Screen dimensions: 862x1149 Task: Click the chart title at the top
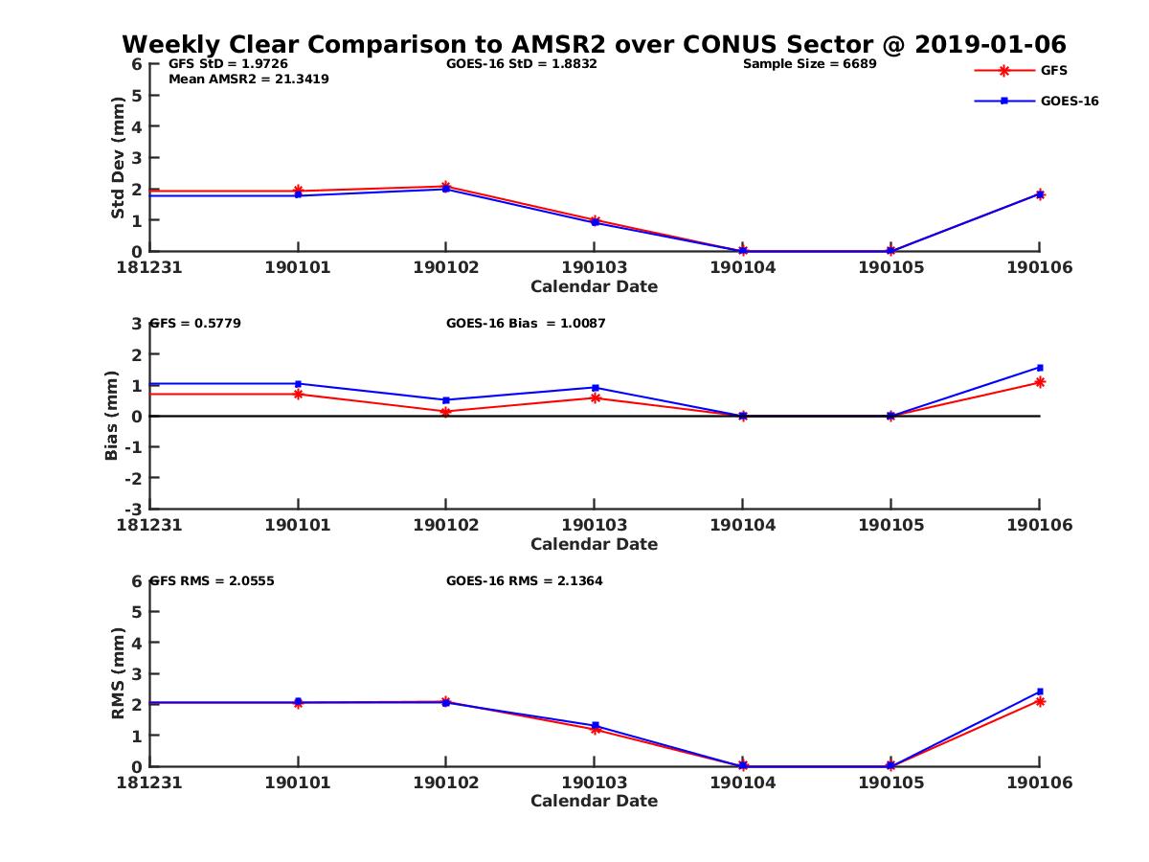(594, 44)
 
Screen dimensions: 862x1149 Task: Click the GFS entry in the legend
(1054, 70)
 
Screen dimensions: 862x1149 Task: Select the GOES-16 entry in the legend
(1069, 101)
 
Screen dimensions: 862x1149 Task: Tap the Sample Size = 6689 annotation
(809, 64)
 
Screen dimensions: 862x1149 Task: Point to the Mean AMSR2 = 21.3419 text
(249, 79)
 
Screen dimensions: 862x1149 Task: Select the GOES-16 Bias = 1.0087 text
(526, 324)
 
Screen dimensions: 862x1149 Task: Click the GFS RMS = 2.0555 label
(213, 580)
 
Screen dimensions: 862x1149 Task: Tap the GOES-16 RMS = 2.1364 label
(524, 580)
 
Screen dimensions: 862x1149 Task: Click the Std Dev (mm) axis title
(118, 158)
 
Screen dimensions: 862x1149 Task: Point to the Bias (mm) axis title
(112, 417)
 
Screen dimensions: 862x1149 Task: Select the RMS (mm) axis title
(118, 673)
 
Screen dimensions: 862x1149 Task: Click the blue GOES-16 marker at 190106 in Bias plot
(1040, 368)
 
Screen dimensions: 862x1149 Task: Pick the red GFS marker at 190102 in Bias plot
(446, 412)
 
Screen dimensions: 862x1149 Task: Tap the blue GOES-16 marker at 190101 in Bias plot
(298, 384)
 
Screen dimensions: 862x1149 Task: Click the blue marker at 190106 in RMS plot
(1040, 692)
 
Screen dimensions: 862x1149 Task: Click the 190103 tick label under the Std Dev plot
(594, 267)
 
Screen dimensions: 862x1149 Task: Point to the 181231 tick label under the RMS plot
(149, 783)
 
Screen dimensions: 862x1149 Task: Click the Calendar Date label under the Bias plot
(594, 544)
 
